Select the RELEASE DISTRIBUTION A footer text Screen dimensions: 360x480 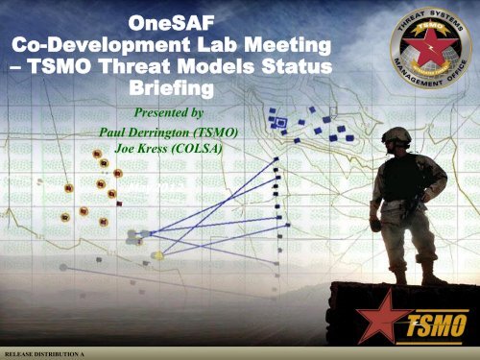43,354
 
